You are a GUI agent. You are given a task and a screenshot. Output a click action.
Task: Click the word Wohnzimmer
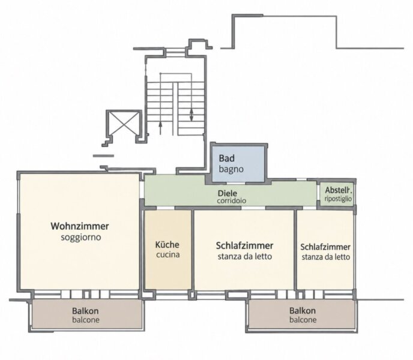click(80, 226)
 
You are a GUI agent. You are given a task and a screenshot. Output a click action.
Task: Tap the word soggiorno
click(81, 237)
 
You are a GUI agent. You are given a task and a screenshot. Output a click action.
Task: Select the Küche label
click(167, 244)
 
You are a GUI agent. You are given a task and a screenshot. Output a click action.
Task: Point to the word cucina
click(168, 254)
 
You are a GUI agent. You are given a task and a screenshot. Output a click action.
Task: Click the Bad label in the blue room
click(227, 158)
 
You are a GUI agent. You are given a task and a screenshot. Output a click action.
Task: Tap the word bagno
click(231, 169)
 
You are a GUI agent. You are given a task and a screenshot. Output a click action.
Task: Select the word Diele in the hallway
click(228, 193)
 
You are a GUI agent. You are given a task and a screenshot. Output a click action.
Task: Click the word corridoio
click(232, 200)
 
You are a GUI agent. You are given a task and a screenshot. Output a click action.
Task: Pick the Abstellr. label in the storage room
click(339, 190)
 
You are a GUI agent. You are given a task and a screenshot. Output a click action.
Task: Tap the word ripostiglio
click(338, 199)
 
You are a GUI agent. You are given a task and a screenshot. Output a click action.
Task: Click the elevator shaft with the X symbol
click(124, 123)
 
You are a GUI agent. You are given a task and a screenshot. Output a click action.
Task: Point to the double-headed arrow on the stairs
click(191, 115)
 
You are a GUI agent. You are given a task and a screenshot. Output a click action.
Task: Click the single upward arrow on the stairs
click(160, 128)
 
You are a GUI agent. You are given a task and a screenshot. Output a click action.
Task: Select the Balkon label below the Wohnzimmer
click(85, 311)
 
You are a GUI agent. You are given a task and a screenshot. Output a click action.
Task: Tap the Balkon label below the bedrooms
click(303, 310)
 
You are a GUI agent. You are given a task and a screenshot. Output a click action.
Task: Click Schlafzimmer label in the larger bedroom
click(244, 245)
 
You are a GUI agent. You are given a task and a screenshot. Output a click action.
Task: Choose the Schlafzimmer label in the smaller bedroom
click(325, 247)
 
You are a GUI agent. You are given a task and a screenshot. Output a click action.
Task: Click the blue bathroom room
click(238, 164)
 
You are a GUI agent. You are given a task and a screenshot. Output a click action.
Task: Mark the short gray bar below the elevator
click(103, 156)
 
